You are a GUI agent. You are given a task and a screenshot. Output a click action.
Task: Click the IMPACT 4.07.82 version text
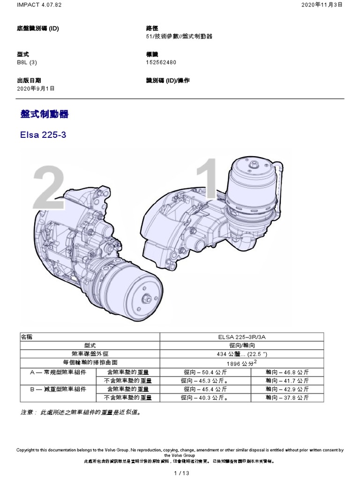32,4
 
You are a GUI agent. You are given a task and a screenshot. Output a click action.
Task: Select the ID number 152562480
162,62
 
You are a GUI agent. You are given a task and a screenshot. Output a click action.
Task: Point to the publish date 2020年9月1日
36,88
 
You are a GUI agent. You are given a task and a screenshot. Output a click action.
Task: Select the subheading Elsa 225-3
44,136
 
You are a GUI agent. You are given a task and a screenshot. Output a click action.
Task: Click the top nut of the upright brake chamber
254,165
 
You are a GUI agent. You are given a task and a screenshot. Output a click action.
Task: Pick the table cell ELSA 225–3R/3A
242,337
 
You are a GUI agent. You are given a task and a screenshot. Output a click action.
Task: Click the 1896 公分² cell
242,363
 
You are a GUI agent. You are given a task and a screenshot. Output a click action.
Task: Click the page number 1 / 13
180,473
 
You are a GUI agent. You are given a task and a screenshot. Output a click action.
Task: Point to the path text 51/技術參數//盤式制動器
179,37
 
